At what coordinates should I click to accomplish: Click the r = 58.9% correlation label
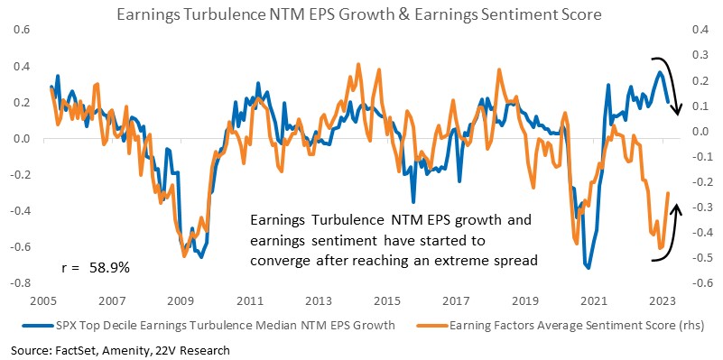click(96, 268)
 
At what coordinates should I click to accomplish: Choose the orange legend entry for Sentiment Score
click(561, 326)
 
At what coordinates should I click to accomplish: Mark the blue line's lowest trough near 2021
click(588, 267)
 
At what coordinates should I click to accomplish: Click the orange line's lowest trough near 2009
click(184, 256)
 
